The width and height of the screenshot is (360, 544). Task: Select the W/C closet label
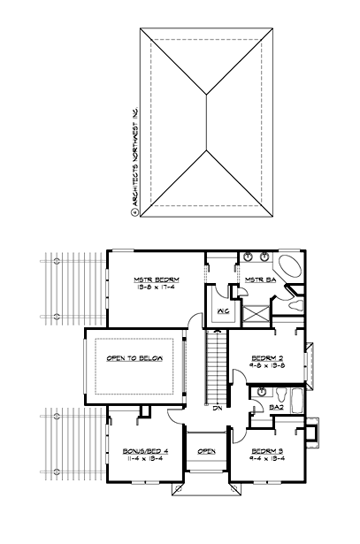coord(222,310)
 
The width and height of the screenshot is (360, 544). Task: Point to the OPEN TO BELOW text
coord(134,357)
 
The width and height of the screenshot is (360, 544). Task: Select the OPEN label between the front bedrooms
coord(206,451)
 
